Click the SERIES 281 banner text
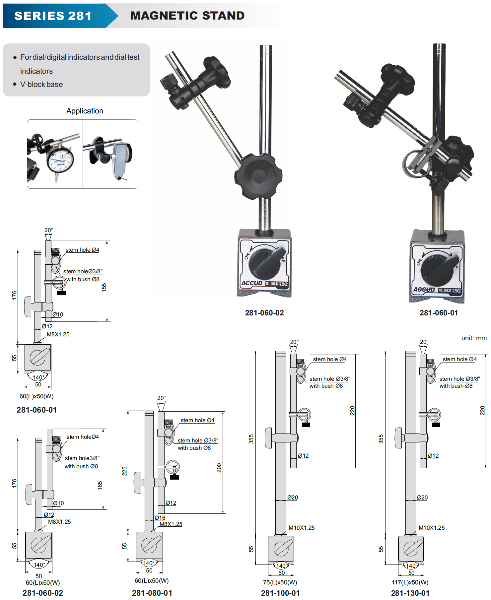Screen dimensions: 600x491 [53, 16]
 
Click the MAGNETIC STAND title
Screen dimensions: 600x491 [187, 16]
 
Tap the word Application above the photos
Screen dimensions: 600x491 [85, 111]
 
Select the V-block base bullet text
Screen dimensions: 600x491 [41, 84]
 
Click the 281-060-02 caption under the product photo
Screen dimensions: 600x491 [264, 313]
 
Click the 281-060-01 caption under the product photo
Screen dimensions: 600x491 [439, 313]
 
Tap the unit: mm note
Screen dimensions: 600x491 [474, 338]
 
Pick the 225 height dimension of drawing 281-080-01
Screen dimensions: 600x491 [124, 471]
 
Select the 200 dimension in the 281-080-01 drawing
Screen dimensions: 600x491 [219, 468]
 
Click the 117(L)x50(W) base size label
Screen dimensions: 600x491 [410, 582]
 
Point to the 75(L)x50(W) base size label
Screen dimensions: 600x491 [280, 582]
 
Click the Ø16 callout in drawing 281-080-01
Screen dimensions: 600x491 [160, 518]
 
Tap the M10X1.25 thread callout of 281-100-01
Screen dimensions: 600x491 [302, 528]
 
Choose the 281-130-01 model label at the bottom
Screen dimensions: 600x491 [410, 593]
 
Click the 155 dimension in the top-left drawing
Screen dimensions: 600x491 [104, 287]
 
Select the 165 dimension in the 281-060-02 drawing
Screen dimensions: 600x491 [100, 486]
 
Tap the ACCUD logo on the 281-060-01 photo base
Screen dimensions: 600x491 [424, 290]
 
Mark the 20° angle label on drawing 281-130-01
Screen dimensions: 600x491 [424, 342]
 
